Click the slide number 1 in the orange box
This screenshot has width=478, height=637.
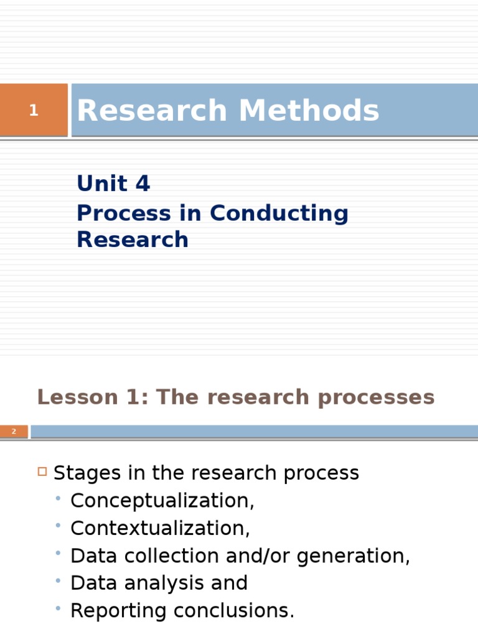tap(34, 111)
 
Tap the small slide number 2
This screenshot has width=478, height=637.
tap(14, 432)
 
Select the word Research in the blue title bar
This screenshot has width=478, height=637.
tap(152, 111)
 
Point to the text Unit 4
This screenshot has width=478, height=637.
tap(113, 184)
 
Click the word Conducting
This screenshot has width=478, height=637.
tap(279, 213)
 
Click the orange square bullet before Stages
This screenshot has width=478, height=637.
tap(42, 472)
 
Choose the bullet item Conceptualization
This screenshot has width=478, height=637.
tap(162, 501)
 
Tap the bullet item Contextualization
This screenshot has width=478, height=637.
tap(160, 528)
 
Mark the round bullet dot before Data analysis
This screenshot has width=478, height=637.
tap(58, 580)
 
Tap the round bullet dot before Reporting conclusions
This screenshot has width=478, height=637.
tap(58, 608)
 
